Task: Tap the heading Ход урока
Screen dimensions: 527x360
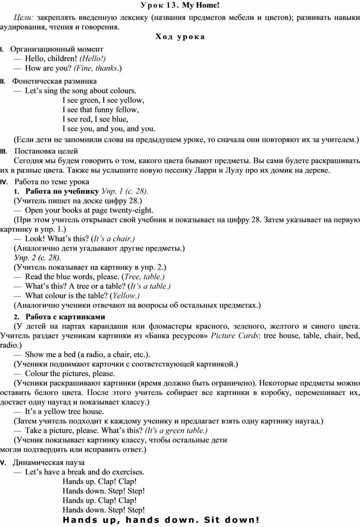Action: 180,37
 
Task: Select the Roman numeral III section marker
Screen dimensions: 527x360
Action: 3,152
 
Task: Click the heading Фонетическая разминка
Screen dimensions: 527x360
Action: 54,81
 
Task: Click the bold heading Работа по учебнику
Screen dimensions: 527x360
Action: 62,191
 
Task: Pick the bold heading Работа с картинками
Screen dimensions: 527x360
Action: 65,317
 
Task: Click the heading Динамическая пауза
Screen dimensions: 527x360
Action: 49,463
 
